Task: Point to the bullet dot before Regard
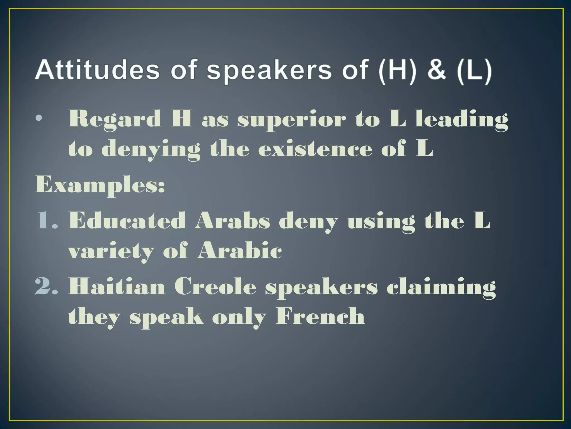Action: (x=39, y=118)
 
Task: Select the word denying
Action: (x=151, y=150)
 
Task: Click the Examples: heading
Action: (x=100, y=185)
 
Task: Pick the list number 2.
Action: (x=47, y=286)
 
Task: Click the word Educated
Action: (x=127, y=221)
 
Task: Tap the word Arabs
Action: (x=233, y=221)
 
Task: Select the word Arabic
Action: (x=240, y=250)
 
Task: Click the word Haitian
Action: (x=117, y=286)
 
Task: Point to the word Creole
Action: (x=215, y=286)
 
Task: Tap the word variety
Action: (x=111, y=251)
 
